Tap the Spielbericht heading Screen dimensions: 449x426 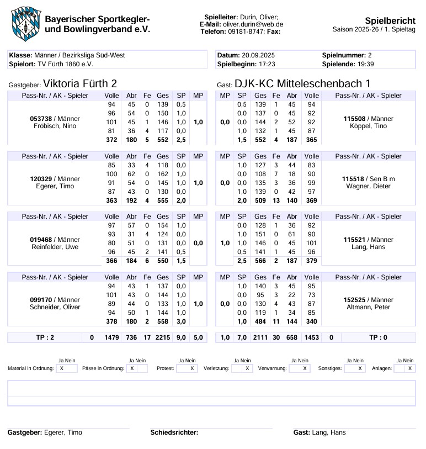[390, 20]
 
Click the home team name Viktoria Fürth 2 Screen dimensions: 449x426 [80, 84]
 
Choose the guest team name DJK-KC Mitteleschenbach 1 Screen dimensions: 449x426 [302, 84]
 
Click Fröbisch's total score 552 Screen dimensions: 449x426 [163, 140]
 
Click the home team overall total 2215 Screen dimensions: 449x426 [163, 337]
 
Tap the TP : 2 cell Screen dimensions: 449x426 [45, 337]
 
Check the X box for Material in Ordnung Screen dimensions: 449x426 [61, 368]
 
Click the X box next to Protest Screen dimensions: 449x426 [191, 368]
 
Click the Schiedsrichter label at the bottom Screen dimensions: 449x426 [174, 432]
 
